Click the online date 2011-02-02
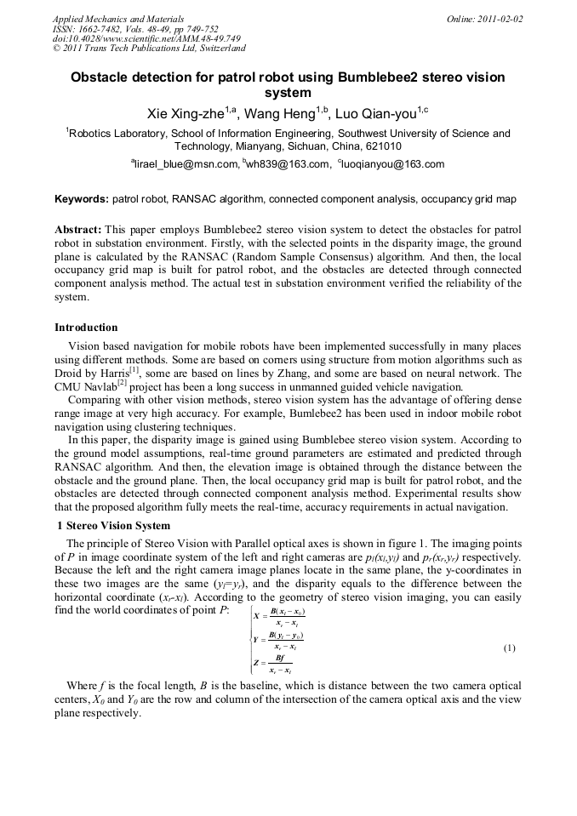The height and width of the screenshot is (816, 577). pos(497,19)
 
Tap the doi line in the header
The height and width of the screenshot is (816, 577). pos(146,38)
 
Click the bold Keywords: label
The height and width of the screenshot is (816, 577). pos(82,199)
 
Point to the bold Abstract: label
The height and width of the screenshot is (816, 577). pos(78,230)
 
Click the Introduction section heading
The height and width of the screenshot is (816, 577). pos(86,328)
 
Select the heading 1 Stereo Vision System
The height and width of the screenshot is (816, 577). pos(112,526)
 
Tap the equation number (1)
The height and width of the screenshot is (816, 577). pos(509,648)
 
